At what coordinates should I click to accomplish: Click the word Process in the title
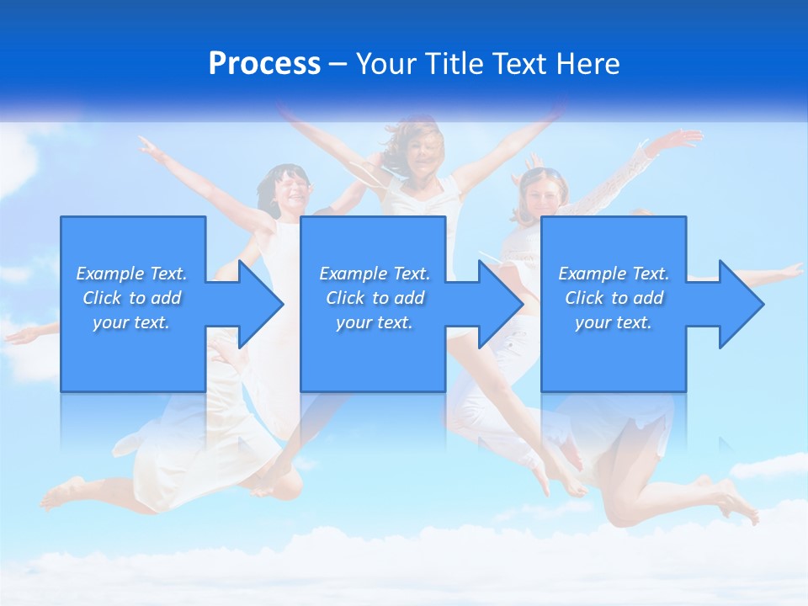coord(264,63)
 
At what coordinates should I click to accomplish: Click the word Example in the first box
coord(109,274)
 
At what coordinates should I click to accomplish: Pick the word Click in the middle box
coord(343,298)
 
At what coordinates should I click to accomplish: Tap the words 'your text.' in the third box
coord(614,322)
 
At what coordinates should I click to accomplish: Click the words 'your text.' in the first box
coord(131,322)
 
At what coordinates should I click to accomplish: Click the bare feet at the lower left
coord(63,494)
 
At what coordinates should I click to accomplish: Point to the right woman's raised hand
coord(683,139)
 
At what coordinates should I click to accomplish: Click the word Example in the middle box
coord(353,274)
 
